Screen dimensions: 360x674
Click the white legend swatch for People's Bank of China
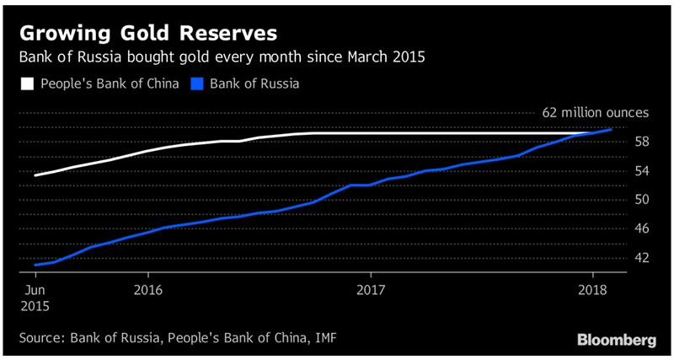(x=26, y=84)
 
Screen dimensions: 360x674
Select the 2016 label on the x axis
(x=147, y=289)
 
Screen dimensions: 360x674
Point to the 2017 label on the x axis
(x=371, y=289)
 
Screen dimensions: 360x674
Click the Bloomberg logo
(x=617, y=340)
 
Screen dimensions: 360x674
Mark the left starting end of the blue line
(x=35, y=265)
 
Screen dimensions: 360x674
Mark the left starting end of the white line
(x=35, y=175)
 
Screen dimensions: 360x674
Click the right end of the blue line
(x=611, y=129)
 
